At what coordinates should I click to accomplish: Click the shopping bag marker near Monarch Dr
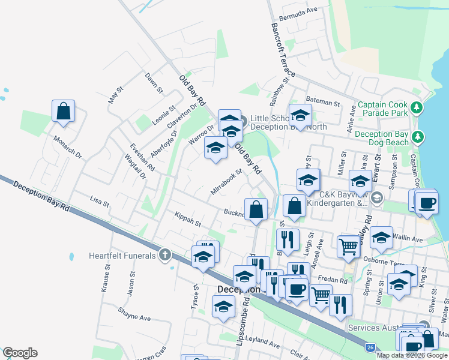pyautogui.click(x=63, y=111)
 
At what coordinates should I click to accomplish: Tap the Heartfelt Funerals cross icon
pyautogui.click(x=165, y=256)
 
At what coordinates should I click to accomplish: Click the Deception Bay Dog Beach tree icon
pyautogui.click(x=418, y=139)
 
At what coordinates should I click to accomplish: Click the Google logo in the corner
pyautogui.click(x=20, y=353)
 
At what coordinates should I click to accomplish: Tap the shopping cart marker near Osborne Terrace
pyautogui.click(x=348, y=246)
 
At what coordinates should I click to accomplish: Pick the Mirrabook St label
pyautogui.click(x=226, y=182)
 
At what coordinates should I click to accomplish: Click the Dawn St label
pyautogui.click(x=154, y=83)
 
